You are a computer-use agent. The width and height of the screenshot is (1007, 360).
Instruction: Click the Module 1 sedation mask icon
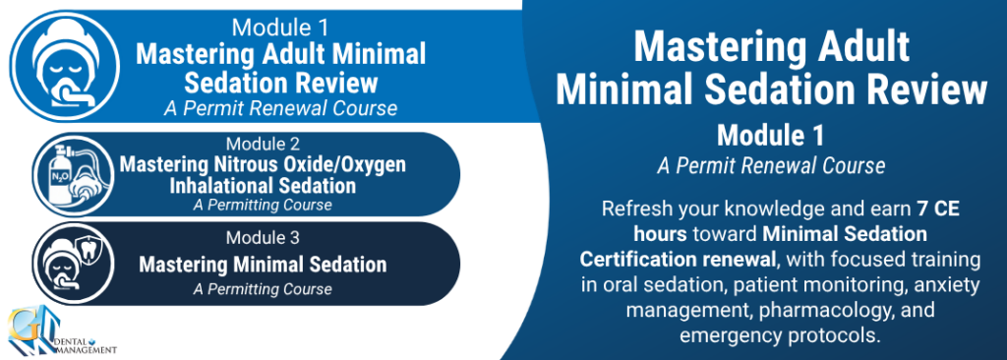click(65, 66)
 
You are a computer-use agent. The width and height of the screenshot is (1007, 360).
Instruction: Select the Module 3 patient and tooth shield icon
click(73, 264)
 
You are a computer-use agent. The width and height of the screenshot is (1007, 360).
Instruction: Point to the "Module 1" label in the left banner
click(280, 28)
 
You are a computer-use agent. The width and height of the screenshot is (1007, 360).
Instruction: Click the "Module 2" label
click(263, 144)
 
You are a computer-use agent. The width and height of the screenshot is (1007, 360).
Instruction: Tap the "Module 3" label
click(263, 238)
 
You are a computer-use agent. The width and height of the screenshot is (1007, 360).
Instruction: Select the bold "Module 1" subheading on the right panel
click(771, 136)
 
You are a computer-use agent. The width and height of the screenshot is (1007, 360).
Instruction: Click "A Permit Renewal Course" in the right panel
click(771, 166)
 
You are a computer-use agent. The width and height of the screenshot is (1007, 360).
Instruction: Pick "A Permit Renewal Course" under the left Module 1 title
click(280, 108)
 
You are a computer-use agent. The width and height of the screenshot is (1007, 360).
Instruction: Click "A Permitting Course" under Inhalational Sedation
click(263, 206)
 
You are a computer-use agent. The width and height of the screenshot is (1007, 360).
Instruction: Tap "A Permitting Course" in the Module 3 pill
click(263, 288)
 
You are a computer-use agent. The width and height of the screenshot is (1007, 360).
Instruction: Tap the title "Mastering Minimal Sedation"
click(263, 265)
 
